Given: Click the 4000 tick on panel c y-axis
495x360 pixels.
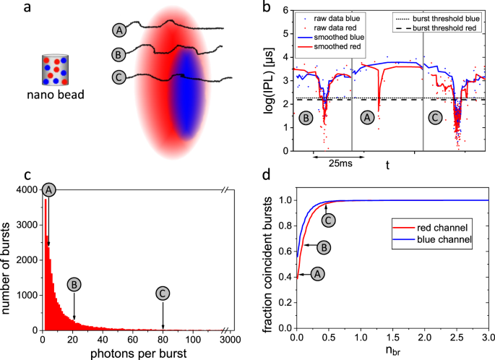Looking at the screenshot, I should pyautogui.click(x=27, y=189).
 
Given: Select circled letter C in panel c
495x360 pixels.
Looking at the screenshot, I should pyautogui.click(x=163, y=293).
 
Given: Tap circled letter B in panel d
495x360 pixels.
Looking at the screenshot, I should pyautogui.click(x=324, y=247).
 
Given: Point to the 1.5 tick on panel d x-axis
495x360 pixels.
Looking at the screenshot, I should pyautogui.click(x=392, y=337).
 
